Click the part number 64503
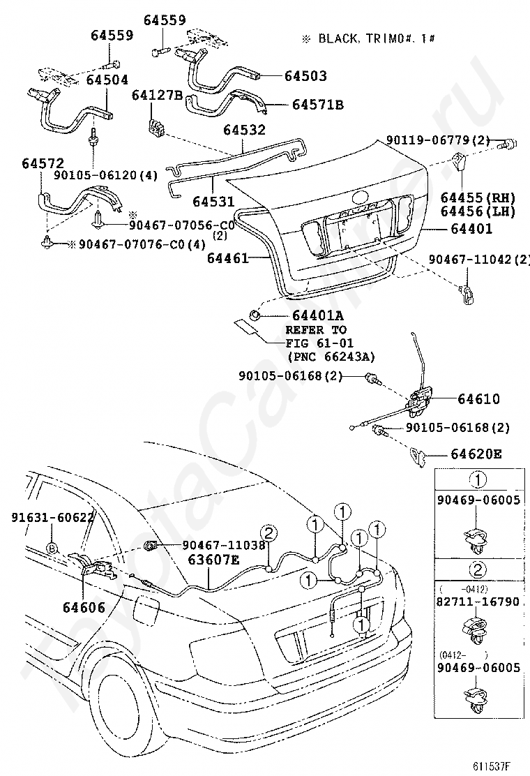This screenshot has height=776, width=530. click(x=304, y=75)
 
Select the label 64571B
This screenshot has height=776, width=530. click(x=317, y=105)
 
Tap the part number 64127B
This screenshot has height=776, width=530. click(x=156, y=95)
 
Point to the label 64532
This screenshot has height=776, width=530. click(x=244, y=130)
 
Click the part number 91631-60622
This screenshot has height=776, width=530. click(x=53, y=517)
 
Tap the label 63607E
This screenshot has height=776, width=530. click(x=214, y=559)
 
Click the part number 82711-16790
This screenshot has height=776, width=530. click(x=478, y=601)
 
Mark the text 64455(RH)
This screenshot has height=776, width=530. click(x=478, y=197)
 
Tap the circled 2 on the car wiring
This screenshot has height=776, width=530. click(x=270, y=532)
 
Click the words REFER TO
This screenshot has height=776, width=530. click(x=315, y=329)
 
